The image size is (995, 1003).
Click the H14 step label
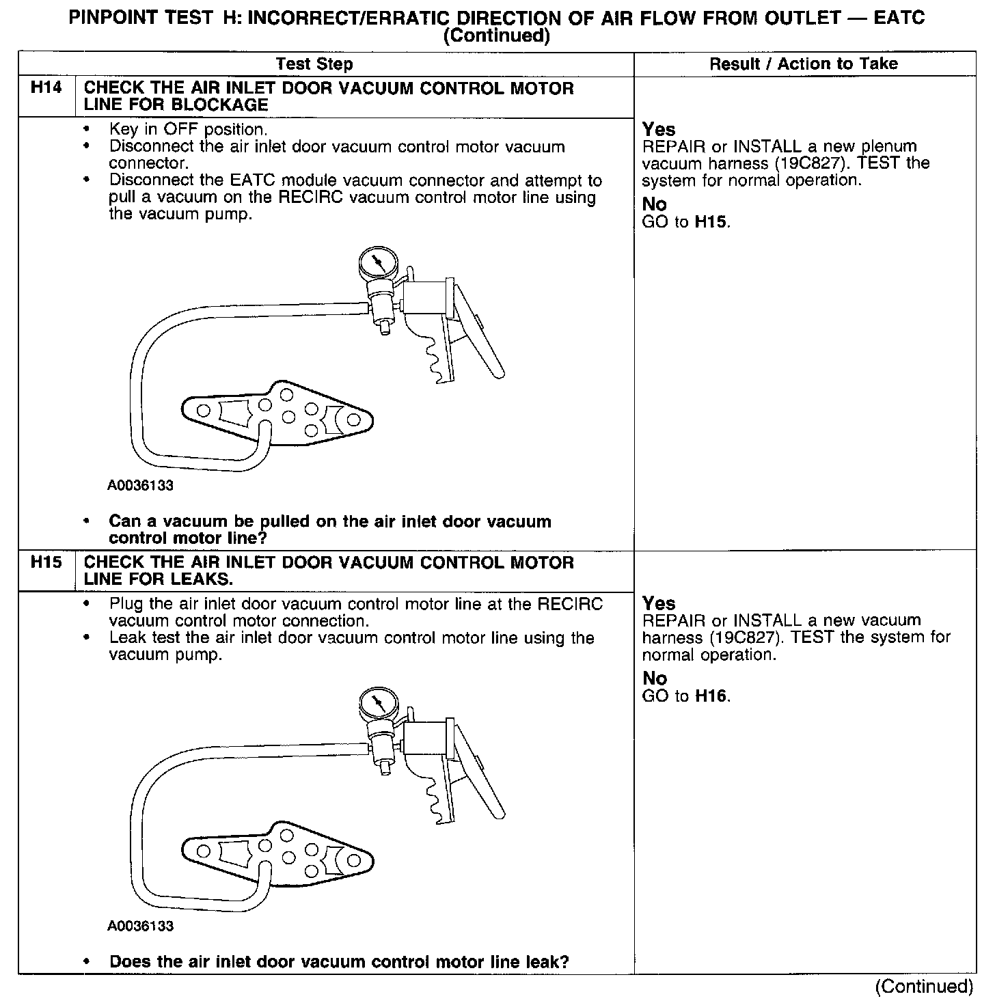pos(46,88)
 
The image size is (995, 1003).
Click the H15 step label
pos(46,562)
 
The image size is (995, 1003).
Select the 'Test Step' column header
pos(314,64)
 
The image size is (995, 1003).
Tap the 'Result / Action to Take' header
pos(804,64)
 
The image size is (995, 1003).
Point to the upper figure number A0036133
pos(140,486)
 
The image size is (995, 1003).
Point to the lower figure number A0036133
pos(140,926)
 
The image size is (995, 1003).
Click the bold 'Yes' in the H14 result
pos(659,129)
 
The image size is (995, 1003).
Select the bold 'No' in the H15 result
pos(654,678)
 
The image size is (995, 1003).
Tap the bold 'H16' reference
pos(711,696)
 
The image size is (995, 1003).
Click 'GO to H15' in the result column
pos(686,222)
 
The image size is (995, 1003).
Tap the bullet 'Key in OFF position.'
pos(188,129)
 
